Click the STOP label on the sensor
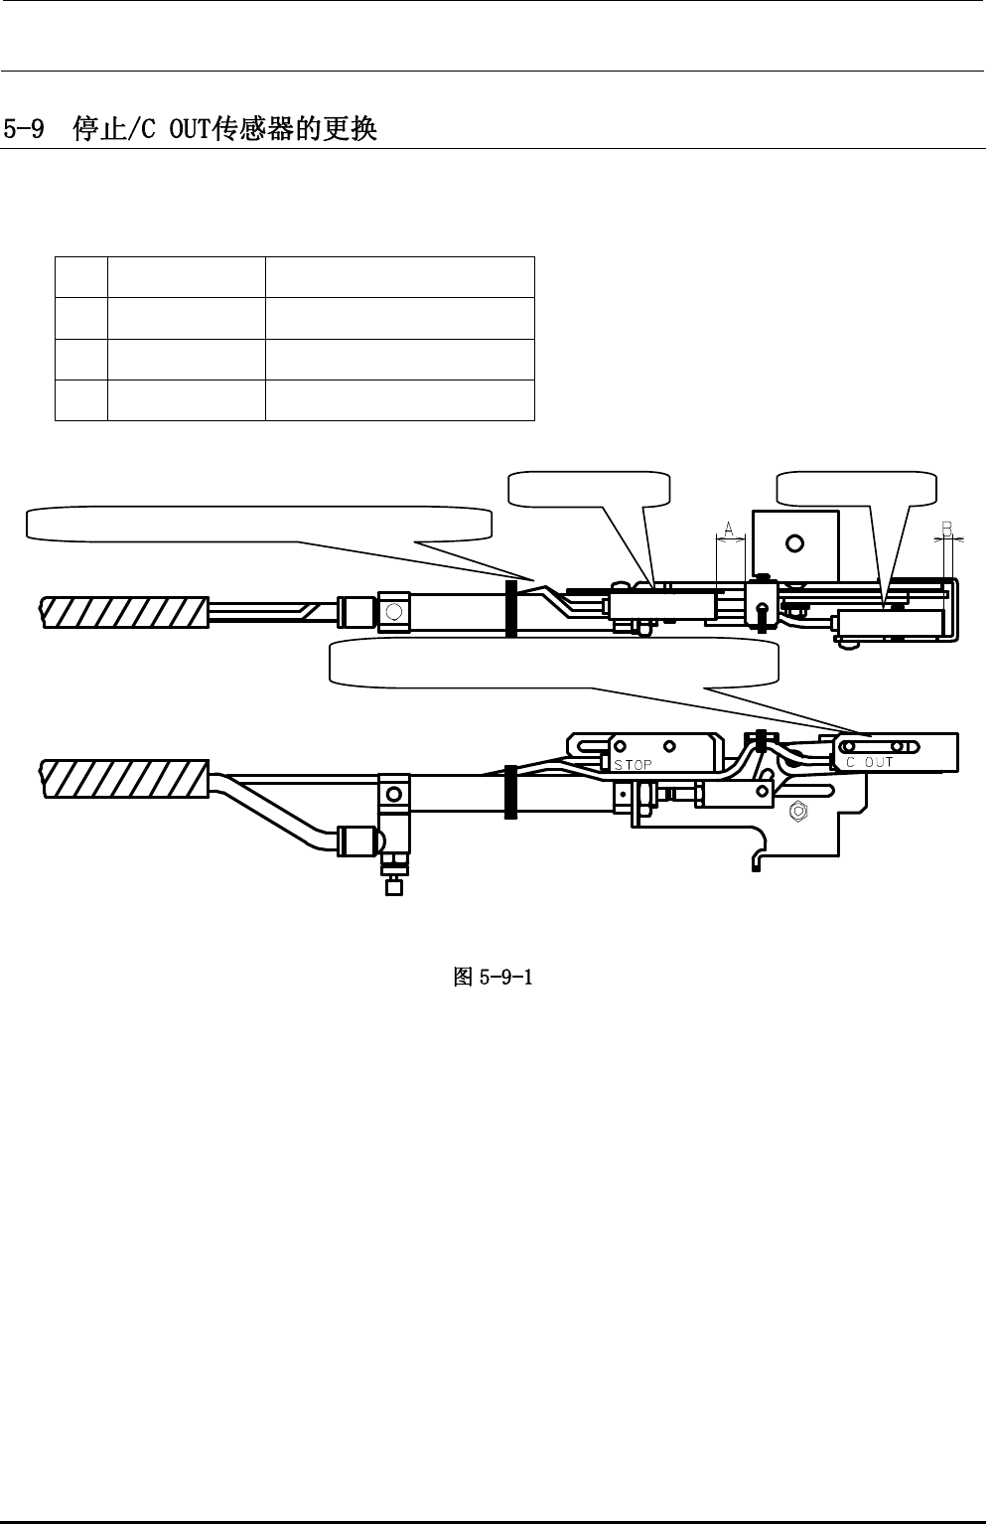[x=633, y=765]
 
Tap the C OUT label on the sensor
[x=870, y=762]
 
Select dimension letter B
[x=947, y=529]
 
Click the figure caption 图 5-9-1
[x=494, y=978]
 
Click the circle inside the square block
[x=794, y=543]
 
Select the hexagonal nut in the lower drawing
[x=795, y=811]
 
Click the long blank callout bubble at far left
[x=258, y=524]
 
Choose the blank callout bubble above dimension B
[x=856, y=488]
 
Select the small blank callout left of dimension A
[x=588, y=488]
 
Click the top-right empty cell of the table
[x=399, y=276]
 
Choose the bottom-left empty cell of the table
[x=80, y=400]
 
